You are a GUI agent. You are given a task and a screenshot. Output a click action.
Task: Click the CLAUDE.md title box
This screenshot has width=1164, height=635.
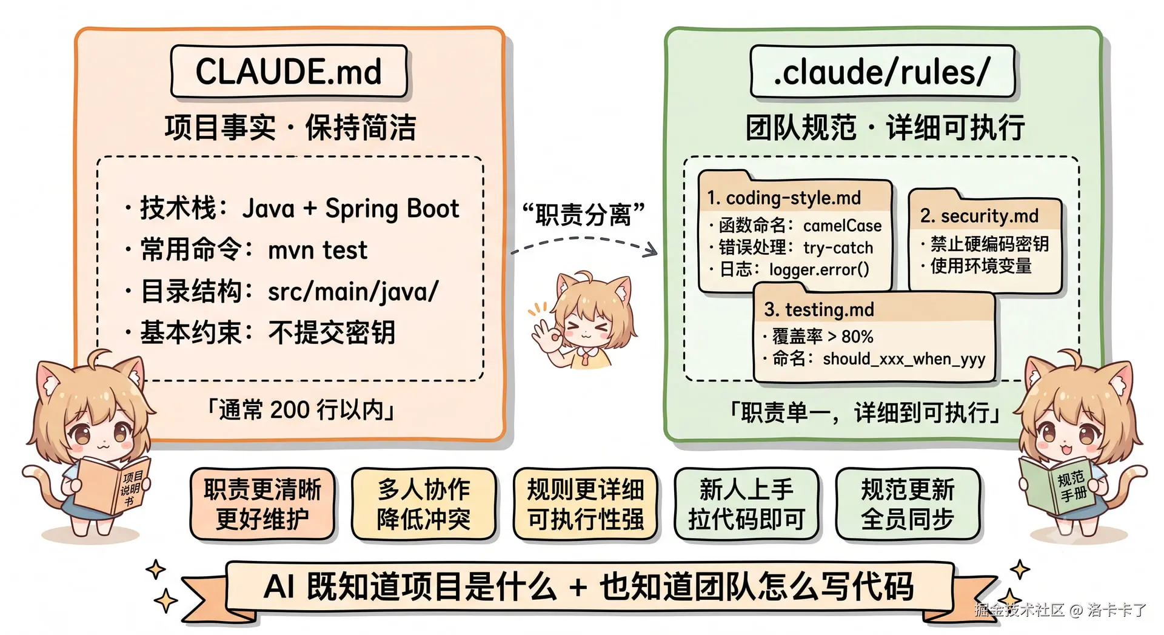[289, 72]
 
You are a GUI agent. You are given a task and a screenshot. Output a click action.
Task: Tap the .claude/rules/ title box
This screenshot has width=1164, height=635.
[882, 72]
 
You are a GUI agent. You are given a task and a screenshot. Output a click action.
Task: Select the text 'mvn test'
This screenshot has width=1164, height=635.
[318, 250]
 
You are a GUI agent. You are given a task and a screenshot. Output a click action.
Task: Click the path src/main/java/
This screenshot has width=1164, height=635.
[353, 292]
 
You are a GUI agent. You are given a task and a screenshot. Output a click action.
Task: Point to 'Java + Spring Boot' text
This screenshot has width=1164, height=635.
[350, 209]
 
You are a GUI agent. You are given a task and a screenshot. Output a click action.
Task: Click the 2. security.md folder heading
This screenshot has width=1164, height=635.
[979, 216]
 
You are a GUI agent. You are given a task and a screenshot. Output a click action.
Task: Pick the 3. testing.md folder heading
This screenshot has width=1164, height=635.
[819, 310]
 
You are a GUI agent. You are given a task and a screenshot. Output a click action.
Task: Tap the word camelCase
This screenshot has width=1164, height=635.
[842, 226]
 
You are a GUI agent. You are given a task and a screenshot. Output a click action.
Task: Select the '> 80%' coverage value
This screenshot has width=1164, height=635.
[851, 336]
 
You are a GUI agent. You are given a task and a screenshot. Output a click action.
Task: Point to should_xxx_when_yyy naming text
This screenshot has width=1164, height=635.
[904, 359]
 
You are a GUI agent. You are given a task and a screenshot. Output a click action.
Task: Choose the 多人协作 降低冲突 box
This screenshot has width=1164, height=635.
[424, 504]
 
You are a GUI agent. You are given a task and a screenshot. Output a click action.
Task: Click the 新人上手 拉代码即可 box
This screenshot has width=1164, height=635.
[746, 504]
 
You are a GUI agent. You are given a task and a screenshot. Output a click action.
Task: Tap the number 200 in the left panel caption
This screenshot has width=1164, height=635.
[290, 410]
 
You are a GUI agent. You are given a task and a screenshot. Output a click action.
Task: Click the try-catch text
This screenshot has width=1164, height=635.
[838, 247]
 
